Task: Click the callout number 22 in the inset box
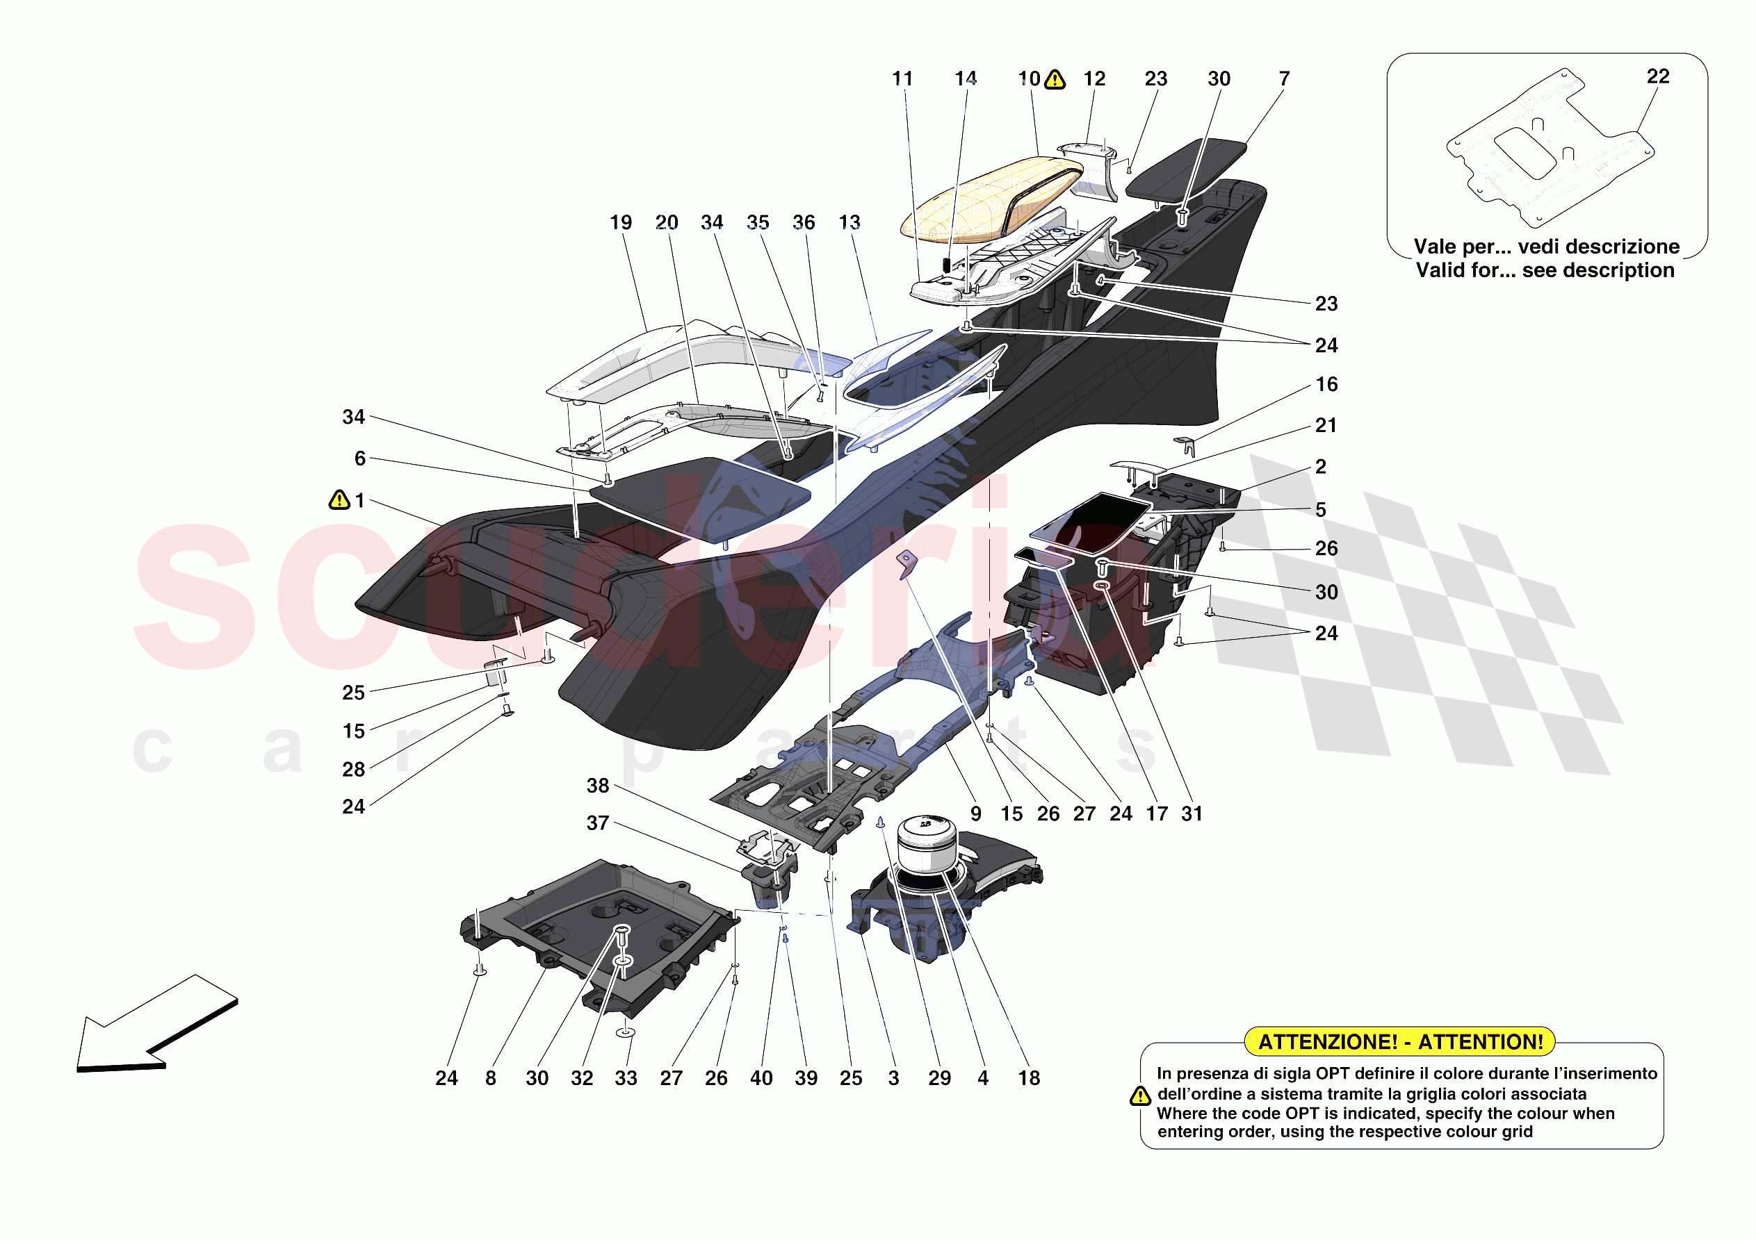pos(1657,76)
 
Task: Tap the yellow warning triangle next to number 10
pos(1055,78)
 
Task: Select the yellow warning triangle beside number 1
pos(339,500)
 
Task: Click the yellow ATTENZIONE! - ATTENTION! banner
pos(1399,1041)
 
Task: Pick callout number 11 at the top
pos(902,78)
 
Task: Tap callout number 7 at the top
pos(1284,78)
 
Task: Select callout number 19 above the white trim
pos(620,222)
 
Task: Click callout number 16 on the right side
pos(1326,385)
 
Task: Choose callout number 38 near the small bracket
pos(597,786)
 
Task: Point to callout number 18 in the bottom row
pos(1029,1078)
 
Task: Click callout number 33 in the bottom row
pos(626,1078)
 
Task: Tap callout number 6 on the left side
pos(359,458)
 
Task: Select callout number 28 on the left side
pos(353,769)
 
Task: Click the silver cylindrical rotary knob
pos(927,843)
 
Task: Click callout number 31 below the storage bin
pos(1192,813)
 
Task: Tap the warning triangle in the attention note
pos(1139,1096)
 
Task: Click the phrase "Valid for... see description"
pos(1545,271)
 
